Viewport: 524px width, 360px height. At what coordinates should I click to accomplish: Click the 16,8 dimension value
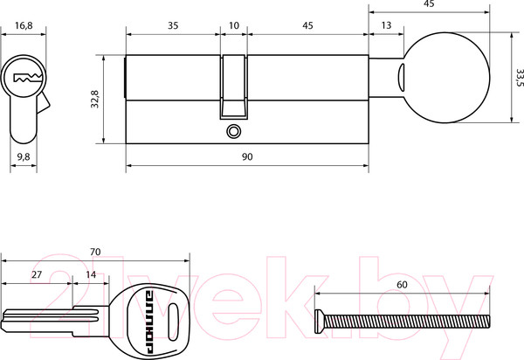[x=24, y=25]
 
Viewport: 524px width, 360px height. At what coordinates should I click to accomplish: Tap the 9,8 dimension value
[x=24, y=156]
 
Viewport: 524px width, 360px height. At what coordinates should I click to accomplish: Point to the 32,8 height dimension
[x=95, y=99]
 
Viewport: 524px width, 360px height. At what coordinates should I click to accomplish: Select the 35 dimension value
[x=173, y=25]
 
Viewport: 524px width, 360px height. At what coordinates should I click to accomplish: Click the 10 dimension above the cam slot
[x=234, y=25]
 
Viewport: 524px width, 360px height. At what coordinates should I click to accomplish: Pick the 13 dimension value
[x=386, y=25]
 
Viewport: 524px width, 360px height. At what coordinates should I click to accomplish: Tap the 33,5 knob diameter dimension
[x=520, y=78]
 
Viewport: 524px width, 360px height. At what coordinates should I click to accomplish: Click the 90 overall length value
[x=247, y=156]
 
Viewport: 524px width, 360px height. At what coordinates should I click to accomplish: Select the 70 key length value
[x=95, y=252]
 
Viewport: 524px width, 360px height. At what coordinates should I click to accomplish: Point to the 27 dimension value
[x=37, y=274]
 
